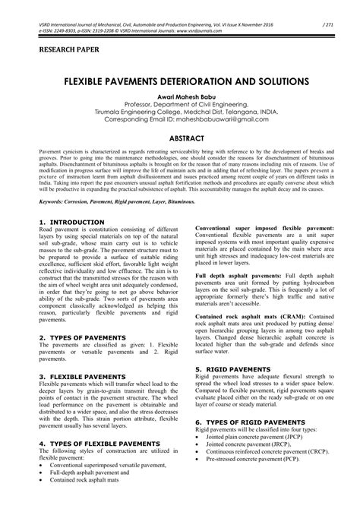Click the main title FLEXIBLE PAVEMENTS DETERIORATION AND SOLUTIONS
coord(180,79)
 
